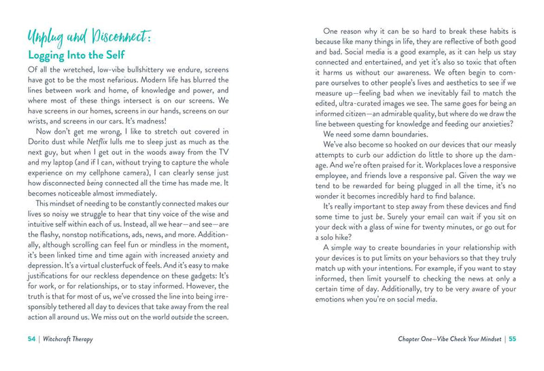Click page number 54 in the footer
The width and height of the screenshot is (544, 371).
[33, 338]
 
